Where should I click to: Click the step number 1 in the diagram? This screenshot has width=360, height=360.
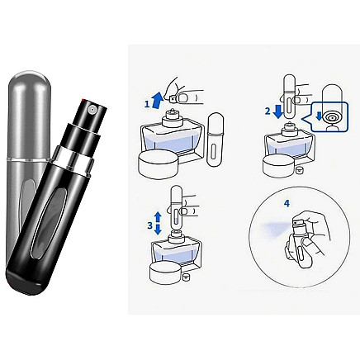tap(148, 104)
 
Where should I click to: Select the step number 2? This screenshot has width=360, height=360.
tap(268, 110)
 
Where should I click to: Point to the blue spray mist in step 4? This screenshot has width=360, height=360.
tap(273, 225)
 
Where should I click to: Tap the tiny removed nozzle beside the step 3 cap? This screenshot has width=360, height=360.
tap(190, 278)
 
